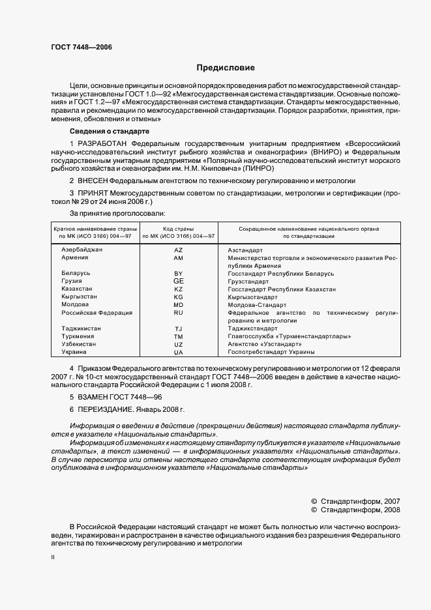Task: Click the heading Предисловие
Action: [x=226, y=67]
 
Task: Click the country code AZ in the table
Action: [x=179, y=250]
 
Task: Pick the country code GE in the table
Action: [x=179, y=281]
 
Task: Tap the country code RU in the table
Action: [x=179, y=313]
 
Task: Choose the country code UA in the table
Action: [x=179, y=352]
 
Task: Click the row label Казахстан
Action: [x=77, y=289]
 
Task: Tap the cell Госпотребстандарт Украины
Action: [x=271, y=352]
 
